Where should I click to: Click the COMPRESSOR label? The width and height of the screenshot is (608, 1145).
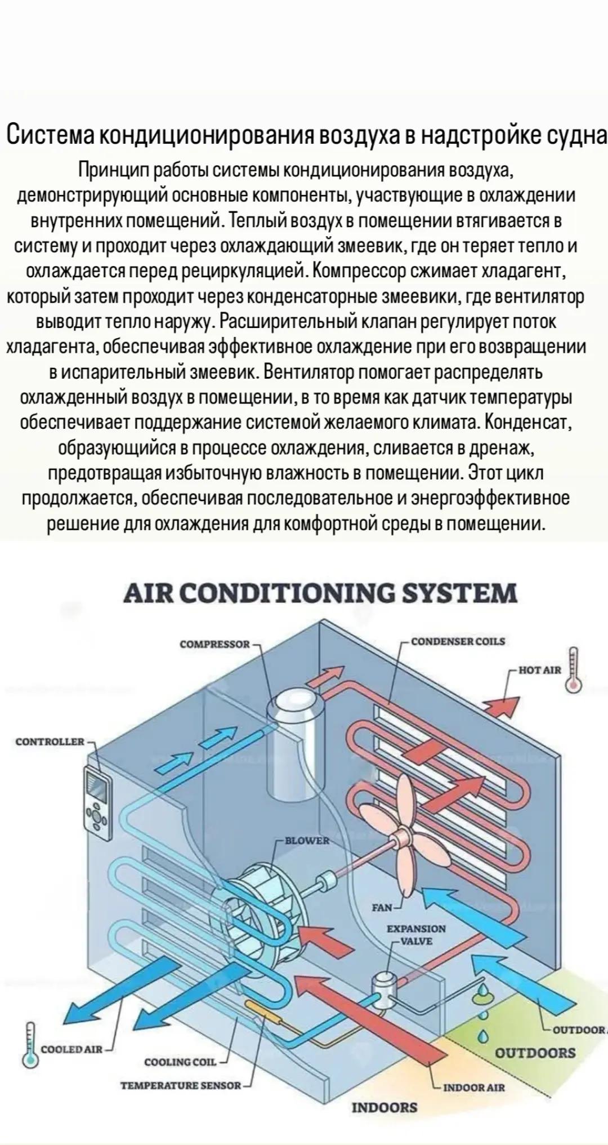point(214,643)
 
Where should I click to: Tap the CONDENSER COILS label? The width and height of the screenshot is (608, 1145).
point(458,641)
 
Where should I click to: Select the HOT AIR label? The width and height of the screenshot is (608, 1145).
point(540,670)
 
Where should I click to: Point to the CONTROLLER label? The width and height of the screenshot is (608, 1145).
point(50,742)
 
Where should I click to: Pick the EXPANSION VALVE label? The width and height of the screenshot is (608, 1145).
point(416,935)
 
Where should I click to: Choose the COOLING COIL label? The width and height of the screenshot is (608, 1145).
point(180,1062)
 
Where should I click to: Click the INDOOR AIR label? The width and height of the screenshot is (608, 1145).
point(474,1088)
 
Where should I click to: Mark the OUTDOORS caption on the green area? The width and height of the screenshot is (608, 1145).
point(535,1053)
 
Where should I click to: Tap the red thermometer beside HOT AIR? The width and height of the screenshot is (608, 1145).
point(574,669)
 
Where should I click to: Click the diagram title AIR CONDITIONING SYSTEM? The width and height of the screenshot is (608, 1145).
point(320,593)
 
